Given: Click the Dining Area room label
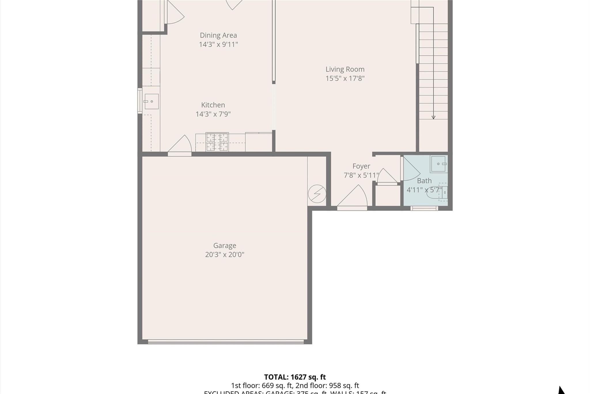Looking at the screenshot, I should pyautogui.click(x=218, y=35).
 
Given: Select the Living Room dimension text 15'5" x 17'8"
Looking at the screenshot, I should pyautogui.click(x=345, y=78).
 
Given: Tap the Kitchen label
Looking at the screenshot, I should pyautogui.click(x=213, y=105).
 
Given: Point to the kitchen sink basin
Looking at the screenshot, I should pyautogui.click(x=152, y=101).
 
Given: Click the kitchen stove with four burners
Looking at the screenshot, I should pyautogui.click(x=217, y=142).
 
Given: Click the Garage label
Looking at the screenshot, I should pyautogui.click(x=224, y=245).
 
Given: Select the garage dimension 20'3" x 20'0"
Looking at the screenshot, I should pyautogui.click(x=224, y=255).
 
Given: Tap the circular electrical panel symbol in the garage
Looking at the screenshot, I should pyautogui.click(x=317, y=194).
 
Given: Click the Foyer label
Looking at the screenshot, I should pyautogui.click(x=361, y=166).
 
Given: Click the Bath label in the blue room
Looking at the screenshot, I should pyautogui.click(x=424, y=181).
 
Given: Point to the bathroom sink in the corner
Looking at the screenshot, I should pyautogui.click(x=438, y=164).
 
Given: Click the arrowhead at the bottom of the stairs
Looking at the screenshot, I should pyautogui.click(x=433, y=117).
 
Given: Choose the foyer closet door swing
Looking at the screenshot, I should pyautogui.click(x=387, y=176).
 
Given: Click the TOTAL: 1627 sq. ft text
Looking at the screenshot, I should pyautogui.click(x=295, y=377).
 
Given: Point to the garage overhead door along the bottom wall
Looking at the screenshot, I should pyautogui.click(x=226, y=342).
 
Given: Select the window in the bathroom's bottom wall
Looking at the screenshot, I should pyautogui.click(x=424, y=208).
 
